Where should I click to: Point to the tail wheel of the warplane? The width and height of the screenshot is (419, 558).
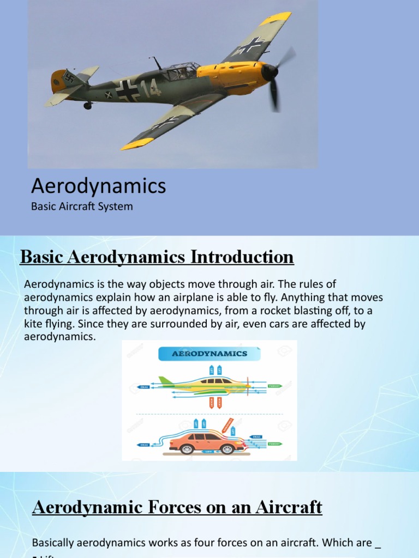tap(87, 105)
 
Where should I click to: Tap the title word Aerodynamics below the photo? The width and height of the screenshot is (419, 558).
tap(98, 186)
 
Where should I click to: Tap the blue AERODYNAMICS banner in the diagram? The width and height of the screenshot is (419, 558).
tap(209, 354)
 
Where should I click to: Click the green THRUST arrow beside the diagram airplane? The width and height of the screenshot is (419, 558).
tap(274, 386)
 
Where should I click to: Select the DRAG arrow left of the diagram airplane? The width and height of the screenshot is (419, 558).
tap(143, 387)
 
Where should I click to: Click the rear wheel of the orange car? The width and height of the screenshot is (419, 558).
tap(187, 449)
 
